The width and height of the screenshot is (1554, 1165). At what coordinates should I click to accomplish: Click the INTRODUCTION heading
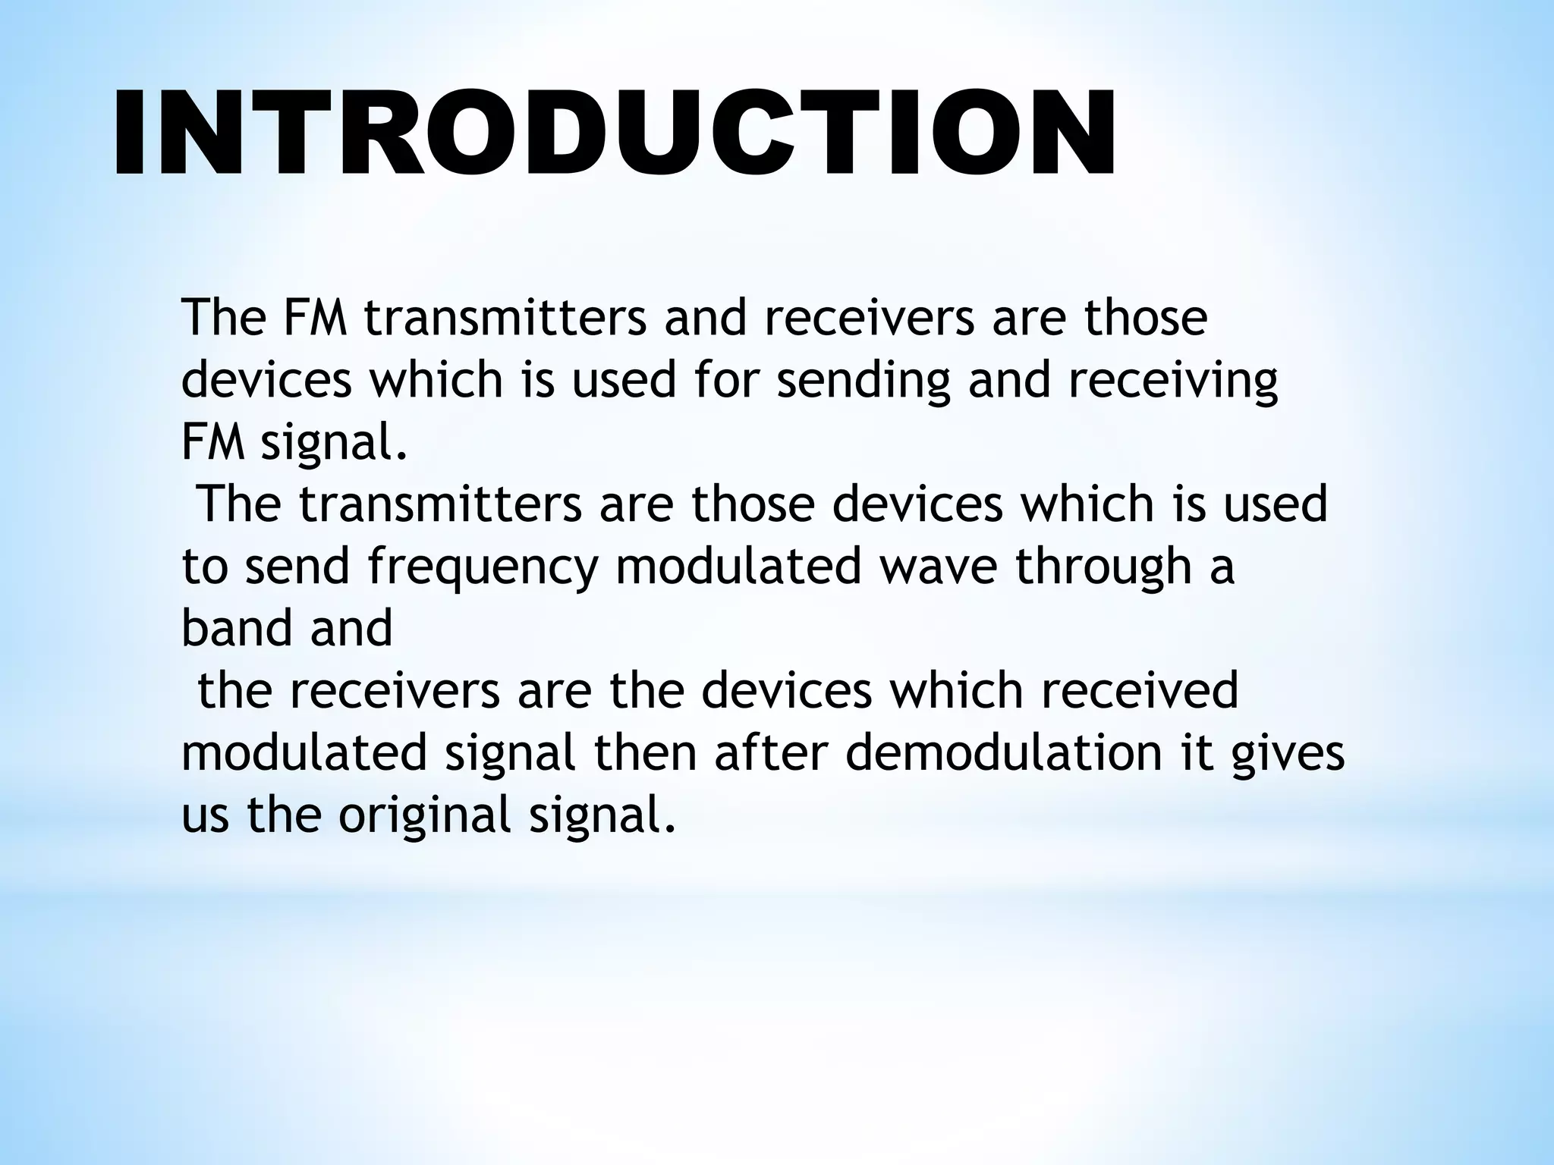pos(615,133)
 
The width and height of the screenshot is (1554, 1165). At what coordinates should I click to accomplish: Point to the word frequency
pos(484,567)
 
